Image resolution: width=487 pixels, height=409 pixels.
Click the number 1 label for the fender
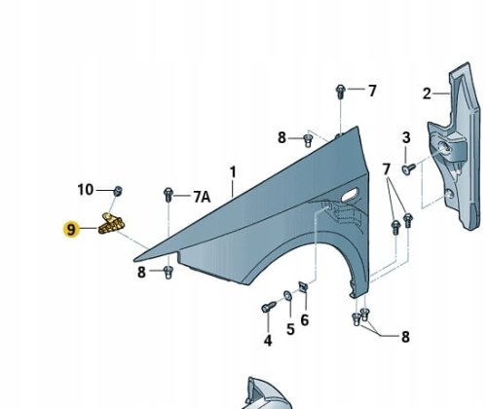tap(233, 172)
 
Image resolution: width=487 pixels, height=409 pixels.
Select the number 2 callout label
tap(426, 94)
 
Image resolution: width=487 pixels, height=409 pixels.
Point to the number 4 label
tap(267, 340)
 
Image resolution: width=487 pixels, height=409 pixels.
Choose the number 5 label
tap(289, 329)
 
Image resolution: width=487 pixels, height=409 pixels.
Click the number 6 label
tap(304, 319)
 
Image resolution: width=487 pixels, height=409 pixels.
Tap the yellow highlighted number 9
tap(70, 230)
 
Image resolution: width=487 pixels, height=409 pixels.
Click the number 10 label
tap(86, 188)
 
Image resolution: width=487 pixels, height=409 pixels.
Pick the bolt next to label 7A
tap(169, 195)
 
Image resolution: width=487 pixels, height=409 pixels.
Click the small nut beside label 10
tap(116, 189)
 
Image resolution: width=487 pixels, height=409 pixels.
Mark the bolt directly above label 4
tap(267, 310)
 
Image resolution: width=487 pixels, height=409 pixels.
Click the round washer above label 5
tap(287, 295)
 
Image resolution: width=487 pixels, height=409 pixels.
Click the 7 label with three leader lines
tap(387, 169)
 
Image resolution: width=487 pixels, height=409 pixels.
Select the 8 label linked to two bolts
tap(404, 336)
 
